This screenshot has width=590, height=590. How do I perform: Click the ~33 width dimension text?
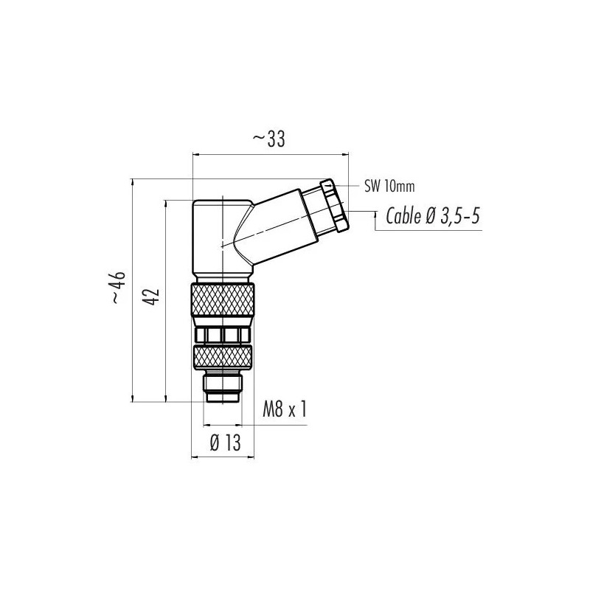268,139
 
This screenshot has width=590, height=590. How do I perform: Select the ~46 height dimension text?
118,287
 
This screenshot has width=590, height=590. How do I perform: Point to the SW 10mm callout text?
389,187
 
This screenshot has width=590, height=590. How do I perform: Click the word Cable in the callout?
403,216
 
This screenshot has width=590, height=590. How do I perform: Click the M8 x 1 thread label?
285,409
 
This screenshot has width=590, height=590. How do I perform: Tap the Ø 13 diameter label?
225,442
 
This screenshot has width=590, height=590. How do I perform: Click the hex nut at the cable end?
335,206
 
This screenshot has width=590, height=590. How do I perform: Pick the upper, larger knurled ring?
223,300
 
